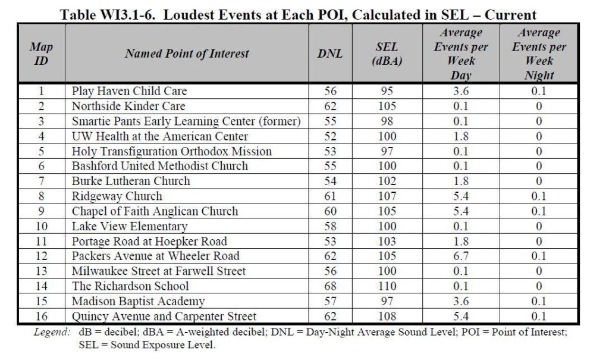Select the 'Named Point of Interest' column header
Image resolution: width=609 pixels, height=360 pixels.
coord(187,54)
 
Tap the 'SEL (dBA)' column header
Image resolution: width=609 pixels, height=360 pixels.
coord(387,54)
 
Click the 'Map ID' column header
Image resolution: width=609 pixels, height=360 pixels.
coord(41,54)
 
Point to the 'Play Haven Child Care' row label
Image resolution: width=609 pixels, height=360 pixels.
coord(129,91)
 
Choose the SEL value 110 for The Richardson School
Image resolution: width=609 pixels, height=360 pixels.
coord(387,286)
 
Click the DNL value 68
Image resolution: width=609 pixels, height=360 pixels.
coord(330,286)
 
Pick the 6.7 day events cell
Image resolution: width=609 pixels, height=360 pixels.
coord(461,256)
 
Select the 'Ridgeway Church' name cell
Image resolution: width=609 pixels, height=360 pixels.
coord(117,196)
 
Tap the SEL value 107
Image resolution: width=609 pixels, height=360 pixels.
coord(387,196)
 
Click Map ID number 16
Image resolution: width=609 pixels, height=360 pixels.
coord(42,317)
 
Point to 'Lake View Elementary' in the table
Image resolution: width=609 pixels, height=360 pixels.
coord(130,226)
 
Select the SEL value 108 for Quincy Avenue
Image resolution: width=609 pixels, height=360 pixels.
coord(387,317)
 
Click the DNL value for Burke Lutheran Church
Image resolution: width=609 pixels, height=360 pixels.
coord(330,181)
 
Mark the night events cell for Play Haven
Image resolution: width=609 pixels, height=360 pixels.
coord(539,91)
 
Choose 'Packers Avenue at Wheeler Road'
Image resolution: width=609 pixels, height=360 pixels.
coord(156,256)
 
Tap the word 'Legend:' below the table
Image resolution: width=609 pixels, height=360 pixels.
coord(52,333)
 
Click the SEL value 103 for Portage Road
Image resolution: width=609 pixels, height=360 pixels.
coord(387,242)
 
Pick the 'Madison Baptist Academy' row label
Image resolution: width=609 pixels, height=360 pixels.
coord(138,301)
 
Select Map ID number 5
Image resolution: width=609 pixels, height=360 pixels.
coord(42,151)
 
